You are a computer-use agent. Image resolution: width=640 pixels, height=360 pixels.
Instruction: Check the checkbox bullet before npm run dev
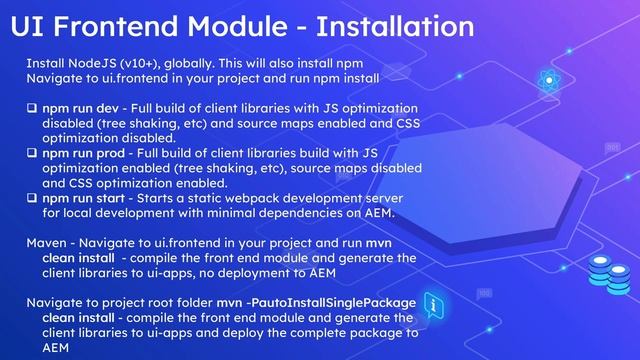pyautogui.click(x=32, y=108)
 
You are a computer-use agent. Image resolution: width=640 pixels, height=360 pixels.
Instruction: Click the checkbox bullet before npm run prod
pyautogui.click(x=32, y=153)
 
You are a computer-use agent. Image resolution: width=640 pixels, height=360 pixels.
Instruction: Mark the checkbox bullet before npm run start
pyautogui.click(x=32, y=198)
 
